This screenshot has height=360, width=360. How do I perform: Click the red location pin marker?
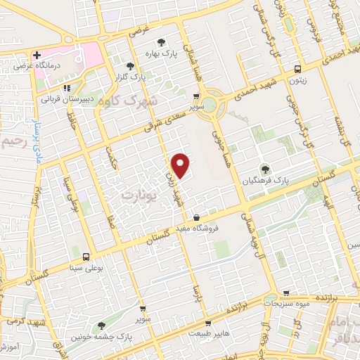(x=181, y=165)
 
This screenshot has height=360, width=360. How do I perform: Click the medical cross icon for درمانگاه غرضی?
(x=36, y=54)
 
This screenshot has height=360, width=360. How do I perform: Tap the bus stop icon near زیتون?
(x=298, y=69)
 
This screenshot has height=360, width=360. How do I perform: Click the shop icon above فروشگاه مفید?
(x=195, y=217)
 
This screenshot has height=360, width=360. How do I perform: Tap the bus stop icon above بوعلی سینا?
(x=86, y=256)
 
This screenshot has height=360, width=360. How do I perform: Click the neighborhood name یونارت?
(x=136, y=193)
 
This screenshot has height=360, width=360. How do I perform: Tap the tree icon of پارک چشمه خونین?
(x=101, y=325)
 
